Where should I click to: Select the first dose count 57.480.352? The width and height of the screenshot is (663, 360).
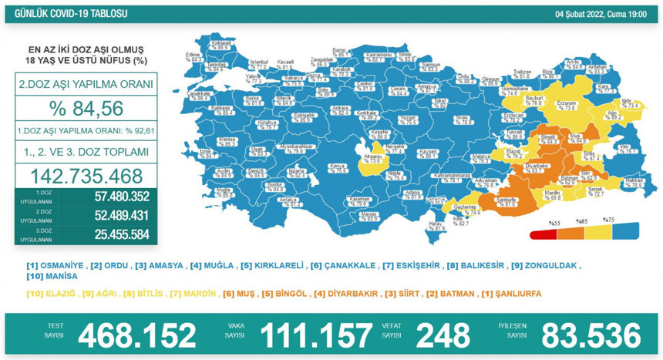click(x=112, y=197)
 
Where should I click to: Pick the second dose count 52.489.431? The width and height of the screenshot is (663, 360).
click(x=112, y=215)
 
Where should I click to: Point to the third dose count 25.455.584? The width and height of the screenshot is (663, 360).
click(x=112, y=233)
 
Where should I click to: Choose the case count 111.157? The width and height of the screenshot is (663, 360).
click(x=316, y=335)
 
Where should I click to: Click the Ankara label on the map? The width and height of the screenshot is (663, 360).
click(x=340, y=109)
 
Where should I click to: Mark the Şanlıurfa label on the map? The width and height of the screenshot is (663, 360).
click(x=506, y=200)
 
